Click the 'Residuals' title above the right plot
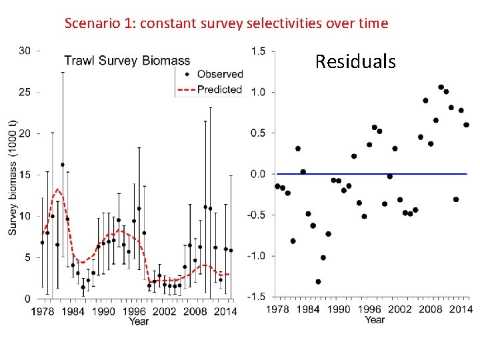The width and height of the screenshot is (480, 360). [355, 62]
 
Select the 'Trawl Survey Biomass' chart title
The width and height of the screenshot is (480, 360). [127, 61]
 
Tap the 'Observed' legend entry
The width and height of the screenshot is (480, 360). [220, 74]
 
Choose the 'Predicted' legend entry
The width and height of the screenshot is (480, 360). [219, 89]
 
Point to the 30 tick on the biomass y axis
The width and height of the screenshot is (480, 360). [25, 51]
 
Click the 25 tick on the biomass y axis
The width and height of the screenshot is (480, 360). [25, 92]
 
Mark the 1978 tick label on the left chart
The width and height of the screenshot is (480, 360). [42, 311]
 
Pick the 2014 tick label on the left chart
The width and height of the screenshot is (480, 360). [227, 311]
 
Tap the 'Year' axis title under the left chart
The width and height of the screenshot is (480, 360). [139, 321]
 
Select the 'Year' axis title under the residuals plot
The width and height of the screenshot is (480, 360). [375, 320]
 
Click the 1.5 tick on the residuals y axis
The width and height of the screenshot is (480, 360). [259, 51]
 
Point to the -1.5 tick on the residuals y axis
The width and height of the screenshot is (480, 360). [257, 297]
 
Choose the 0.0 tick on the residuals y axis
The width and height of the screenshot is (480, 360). [259, 174]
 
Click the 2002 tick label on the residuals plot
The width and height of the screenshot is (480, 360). [400, 309]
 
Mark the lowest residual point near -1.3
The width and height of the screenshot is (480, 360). [318, 282]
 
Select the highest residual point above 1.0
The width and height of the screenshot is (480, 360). [441, 87]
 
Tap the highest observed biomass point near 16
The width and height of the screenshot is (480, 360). [63, 165]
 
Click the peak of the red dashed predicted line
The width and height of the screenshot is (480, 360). [58, 190]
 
